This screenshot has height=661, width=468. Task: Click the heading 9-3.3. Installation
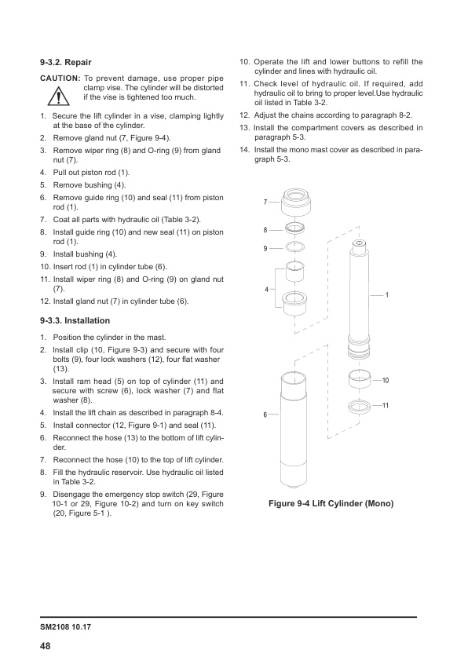click(75, 320)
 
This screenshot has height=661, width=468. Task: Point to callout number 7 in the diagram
click(265, 203)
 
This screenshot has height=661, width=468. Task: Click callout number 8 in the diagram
click(265, 231)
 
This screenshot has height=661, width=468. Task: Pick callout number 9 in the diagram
click(265, 248)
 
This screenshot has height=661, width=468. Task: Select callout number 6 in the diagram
click(265, 414)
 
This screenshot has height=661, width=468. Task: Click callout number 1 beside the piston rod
click(387, 294)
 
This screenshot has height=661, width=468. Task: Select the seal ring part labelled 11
click(360, 407)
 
